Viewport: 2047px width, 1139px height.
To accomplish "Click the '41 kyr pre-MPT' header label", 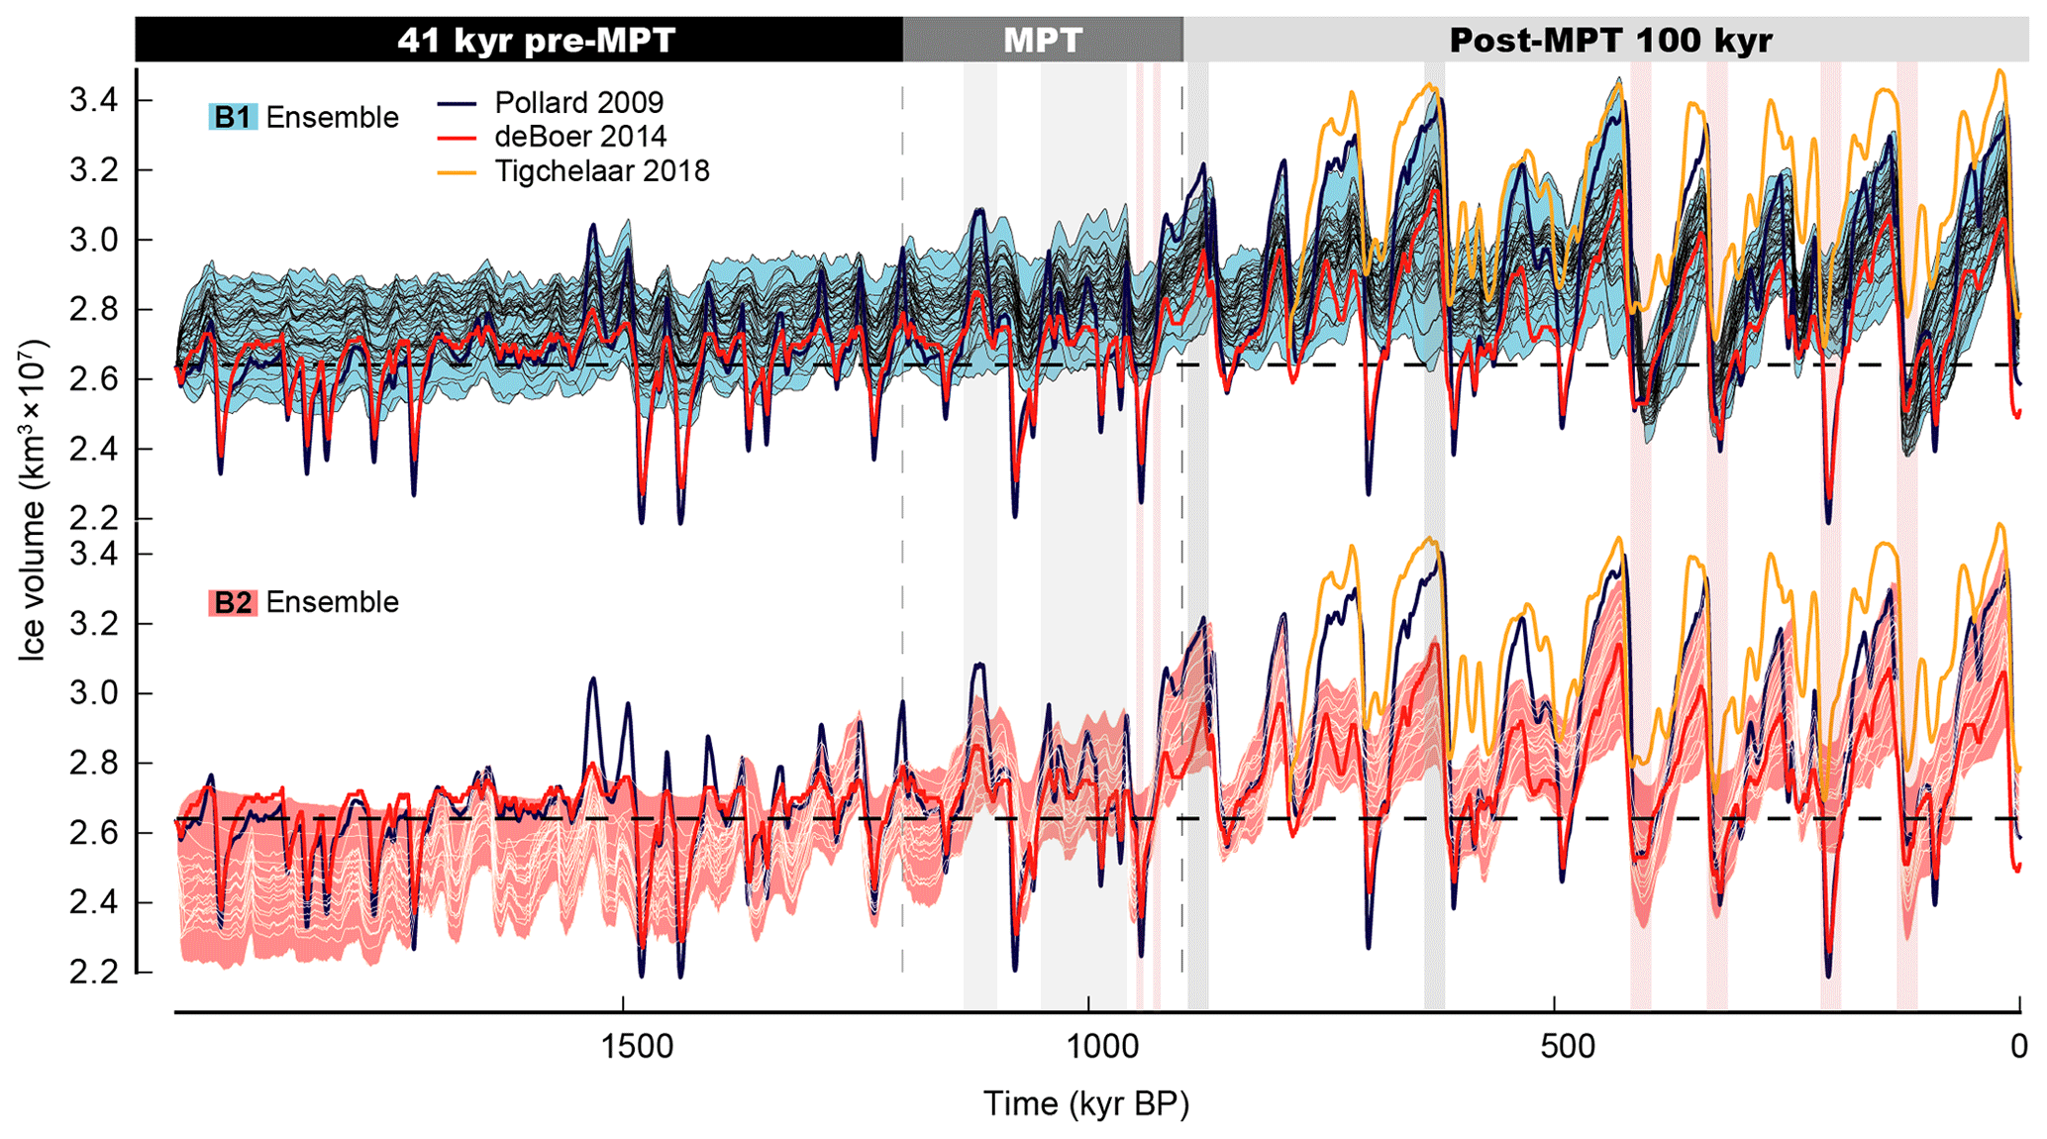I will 536,41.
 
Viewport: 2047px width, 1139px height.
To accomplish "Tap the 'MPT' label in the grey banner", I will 1043,41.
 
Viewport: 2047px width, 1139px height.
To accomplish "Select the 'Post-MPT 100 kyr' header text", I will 1610,41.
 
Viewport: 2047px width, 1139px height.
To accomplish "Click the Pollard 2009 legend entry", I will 578,102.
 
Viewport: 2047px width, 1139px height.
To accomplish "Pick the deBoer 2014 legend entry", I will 580,137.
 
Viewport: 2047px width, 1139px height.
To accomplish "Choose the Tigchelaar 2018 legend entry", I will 602,171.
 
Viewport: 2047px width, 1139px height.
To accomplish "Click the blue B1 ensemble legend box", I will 233,117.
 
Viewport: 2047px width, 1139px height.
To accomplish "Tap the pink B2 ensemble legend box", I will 233,602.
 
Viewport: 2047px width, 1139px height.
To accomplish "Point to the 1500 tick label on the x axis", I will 623,1047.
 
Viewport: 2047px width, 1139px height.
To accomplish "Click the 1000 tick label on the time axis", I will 1088,1047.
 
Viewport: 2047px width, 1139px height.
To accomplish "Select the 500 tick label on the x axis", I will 1554,1047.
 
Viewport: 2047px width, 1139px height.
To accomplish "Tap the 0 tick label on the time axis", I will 2019,1047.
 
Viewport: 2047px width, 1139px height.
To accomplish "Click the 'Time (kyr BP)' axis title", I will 1085,1103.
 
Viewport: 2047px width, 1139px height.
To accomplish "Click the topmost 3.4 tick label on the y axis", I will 93,101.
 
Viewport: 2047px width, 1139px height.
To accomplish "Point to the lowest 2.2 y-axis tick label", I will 93,973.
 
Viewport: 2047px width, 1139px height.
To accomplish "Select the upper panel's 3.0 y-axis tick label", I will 93,241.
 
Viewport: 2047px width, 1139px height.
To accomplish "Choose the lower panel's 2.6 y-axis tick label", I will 93,833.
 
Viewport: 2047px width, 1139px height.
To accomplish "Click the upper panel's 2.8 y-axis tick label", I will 93,310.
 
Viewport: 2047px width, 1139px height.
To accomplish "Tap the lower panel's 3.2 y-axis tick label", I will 93,624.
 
